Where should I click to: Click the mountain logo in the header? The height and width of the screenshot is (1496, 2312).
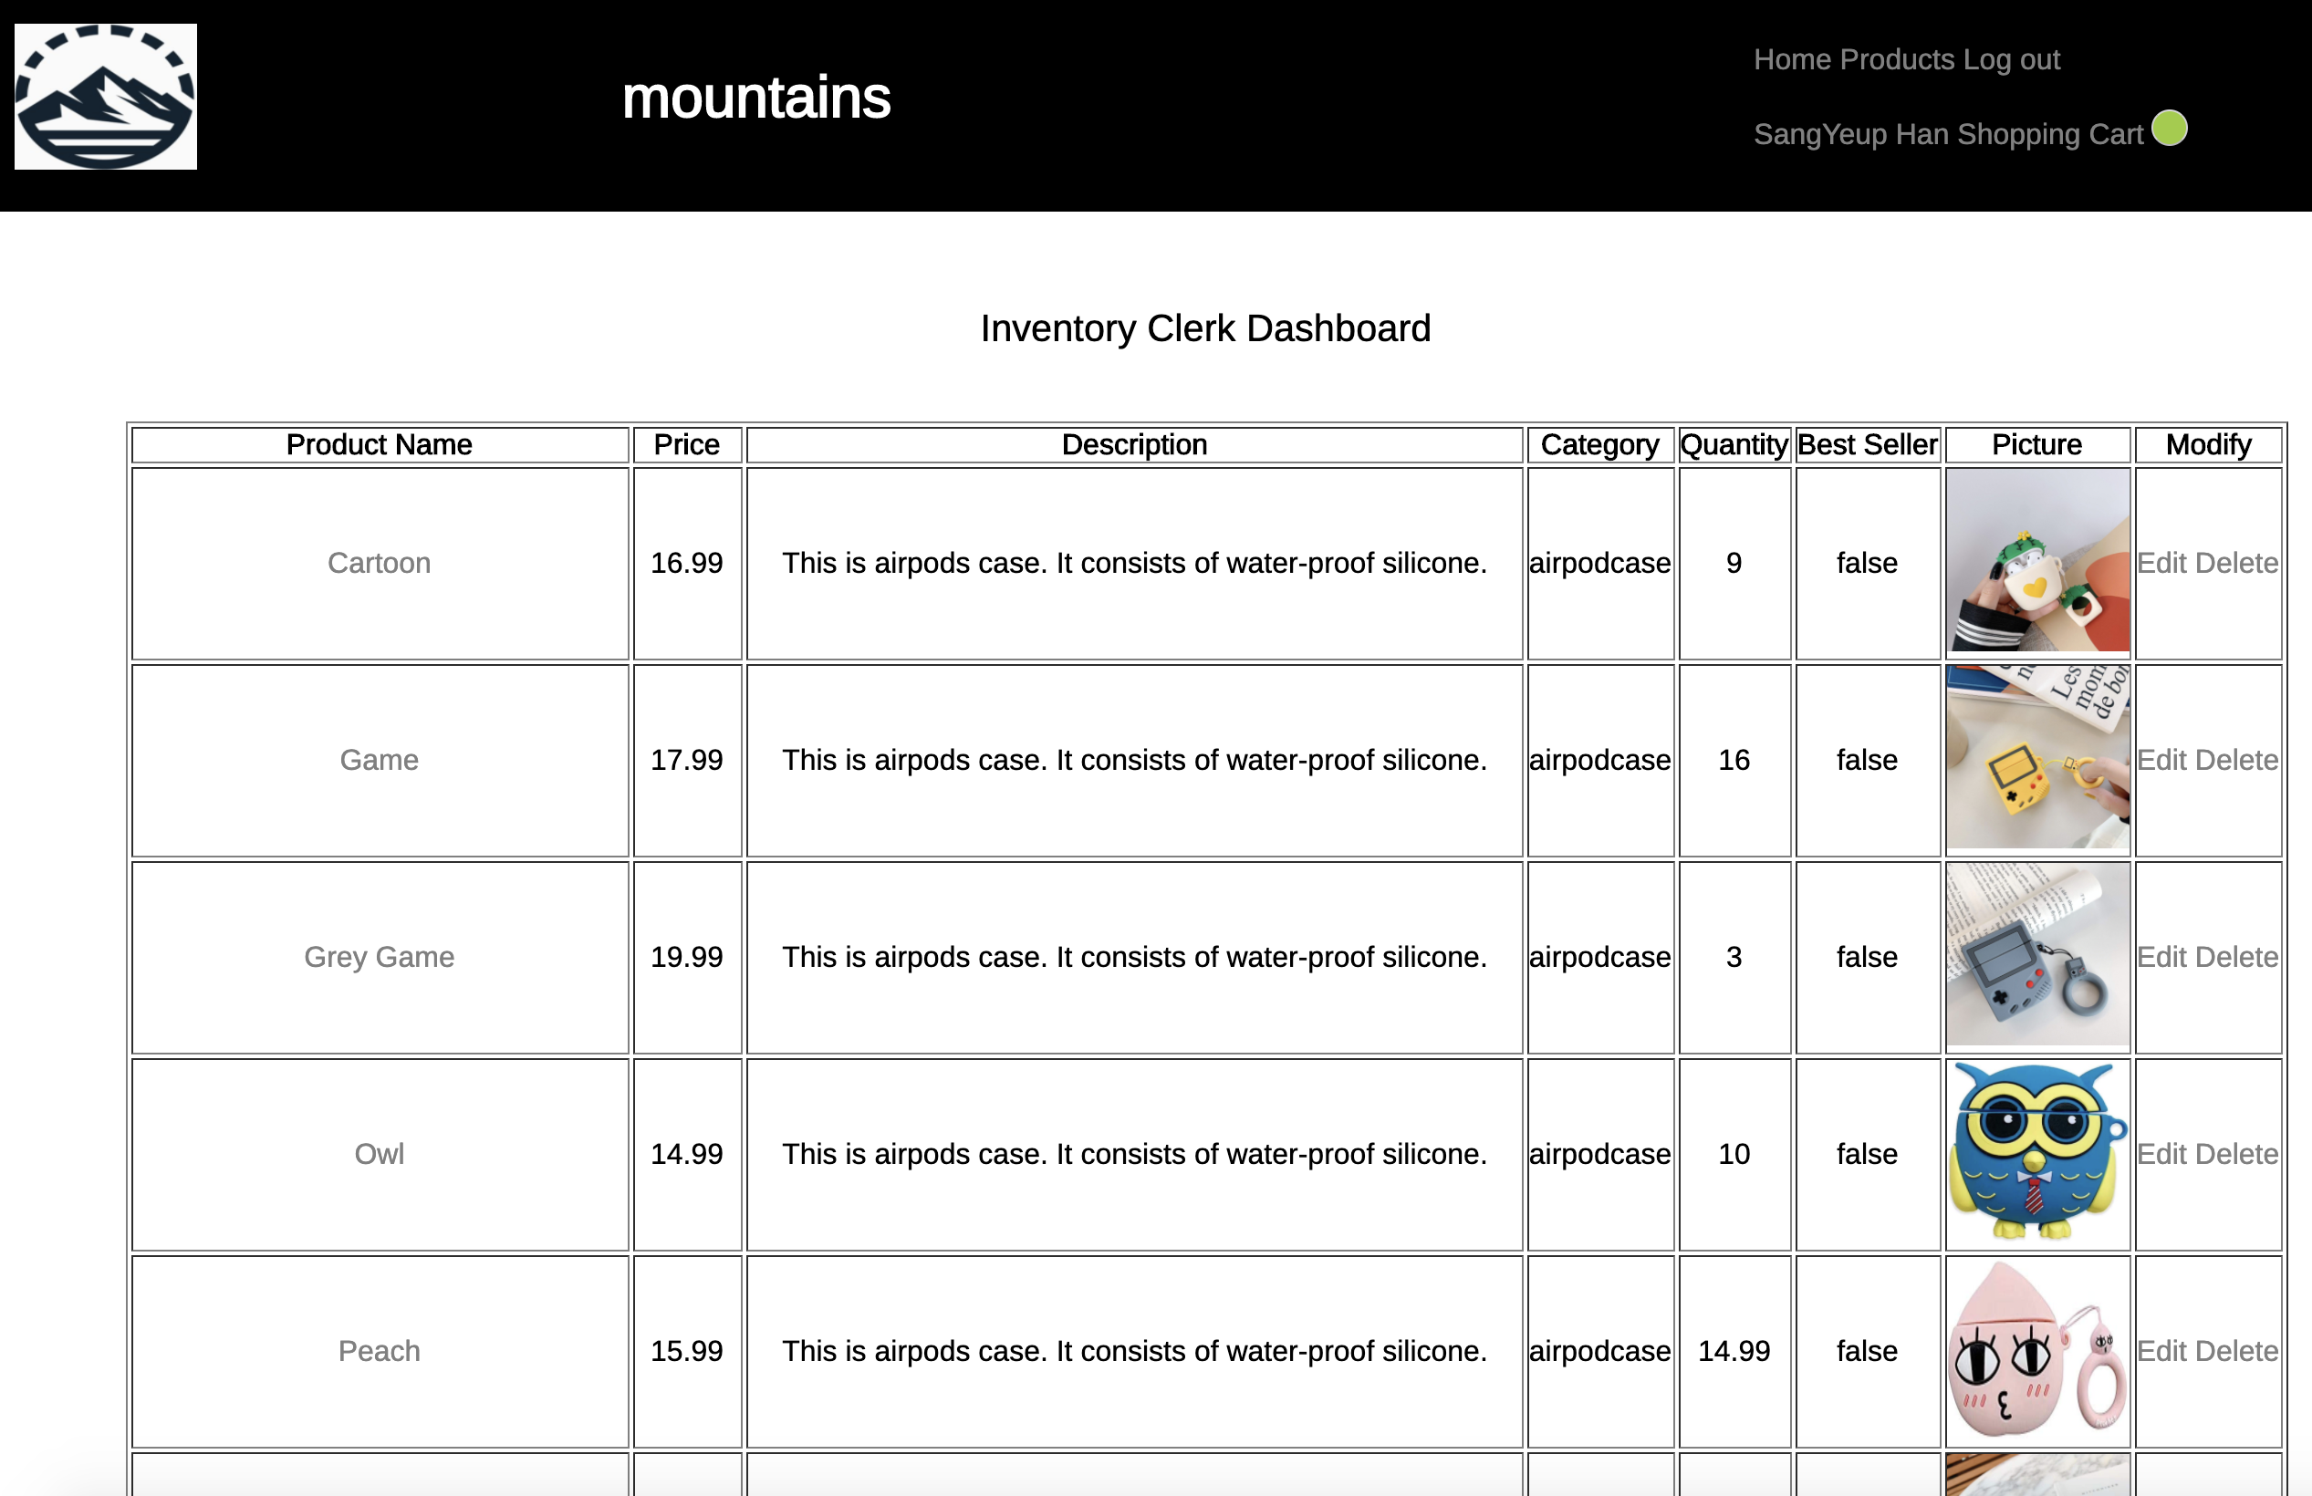pyautogui.click(x=105, y=96)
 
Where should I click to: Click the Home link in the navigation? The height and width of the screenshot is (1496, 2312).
pyautogui.click(x=1791, y=59)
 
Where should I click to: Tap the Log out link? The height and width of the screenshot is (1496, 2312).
pyautogui.click(x=2011, y=59)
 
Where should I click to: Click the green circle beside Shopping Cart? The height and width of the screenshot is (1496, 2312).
pyautogui.click(x=2169, y=129)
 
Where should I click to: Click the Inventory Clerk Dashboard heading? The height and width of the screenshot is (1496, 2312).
pyautogui.click(x=1204, y=328)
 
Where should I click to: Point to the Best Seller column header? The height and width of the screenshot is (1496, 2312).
pyautogui.click(x=1867, y=445)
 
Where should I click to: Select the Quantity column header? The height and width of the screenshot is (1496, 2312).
pyautogui.click(x=1734, y=445)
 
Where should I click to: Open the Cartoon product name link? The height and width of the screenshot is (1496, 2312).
pyautogui.click(x=379, y=564)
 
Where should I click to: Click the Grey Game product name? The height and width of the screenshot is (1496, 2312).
pyautogui.click(x=379, y=957)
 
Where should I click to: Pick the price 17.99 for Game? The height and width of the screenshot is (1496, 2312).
pyautogui.click(x=687, y=760)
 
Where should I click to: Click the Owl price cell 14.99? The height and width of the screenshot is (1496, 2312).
pyautogui.click(x=687, y=1154)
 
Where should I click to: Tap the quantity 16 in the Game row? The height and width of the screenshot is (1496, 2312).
pyautogui.click(x=1734, y=760)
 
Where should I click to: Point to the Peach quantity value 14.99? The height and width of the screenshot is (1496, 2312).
pyautogui.click(x=1734, y=1351)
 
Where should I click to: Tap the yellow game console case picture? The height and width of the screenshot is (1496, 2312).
pyautogui.click(x=2037, y=758)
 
